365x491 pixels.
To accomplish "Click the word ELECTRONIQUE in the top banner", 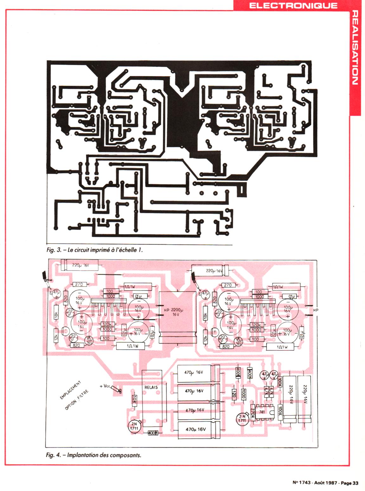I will tap(293, 5).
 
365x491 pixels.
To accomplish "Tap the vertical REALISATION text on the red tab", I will tap(355, 47).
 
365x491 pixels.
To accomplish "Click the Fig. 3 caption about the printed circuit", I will tap(94, 250).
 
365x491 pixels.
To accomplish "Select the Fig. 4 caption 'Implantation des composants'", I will tap(93, 455).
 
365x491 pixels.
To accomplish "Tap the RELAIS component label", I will tap(151, 387).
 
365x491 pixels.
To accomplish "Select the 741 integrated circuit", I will tap(262, 412).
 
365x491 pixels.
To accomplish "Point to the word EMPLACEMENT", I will tap(70, 390).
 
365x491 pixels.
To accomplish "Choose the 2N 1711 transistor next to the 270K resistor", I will tap(242, 419).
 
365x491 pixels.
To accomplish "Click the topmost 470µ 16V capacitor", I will tap(194, 372).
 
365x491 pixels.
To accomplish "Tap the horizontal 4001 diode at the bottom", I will tap(152, 433).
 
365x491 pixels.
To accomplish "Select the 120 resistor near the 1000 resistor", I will tap(234, 394).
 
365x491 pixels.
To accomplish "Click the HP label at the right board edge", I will tap(315, 310).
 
